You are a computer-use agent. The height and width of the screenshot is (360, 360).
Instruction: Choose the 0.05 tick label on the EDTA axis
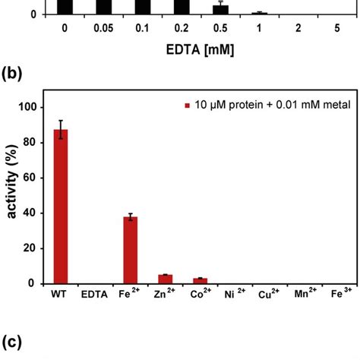click(103, 30)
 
